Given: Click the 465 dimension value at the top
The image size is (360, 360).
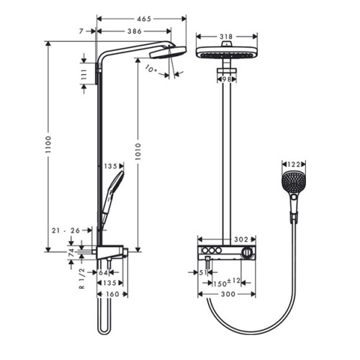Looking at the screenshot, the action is tap(144, 19).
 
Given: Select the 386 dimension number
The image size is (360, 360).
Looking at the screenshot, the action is tap(135, 31).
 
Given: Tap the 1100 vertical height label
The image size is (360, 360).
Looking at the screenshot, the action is tap(48, 145).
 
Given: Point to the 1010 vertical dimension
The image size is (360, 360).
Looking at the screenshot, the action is tap(138, 152).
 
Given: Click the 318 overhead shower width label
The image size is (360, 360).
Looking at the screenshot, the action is tap(226, 37).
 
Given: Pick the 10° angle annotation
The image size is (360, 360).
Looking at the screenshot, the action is tap(151, 69).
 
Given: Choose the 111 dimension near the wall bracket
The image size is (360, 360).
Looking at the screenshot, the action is tap(84, 73).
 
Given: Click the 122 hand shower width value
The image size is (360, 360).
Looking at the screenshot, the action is tap(294, 164).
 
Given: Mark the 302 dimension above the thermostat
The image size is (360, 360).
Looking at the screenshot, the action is tap(241, 239).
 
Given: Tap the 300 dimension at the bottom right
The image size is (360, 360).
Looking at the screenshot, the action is tap(228, 294).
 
